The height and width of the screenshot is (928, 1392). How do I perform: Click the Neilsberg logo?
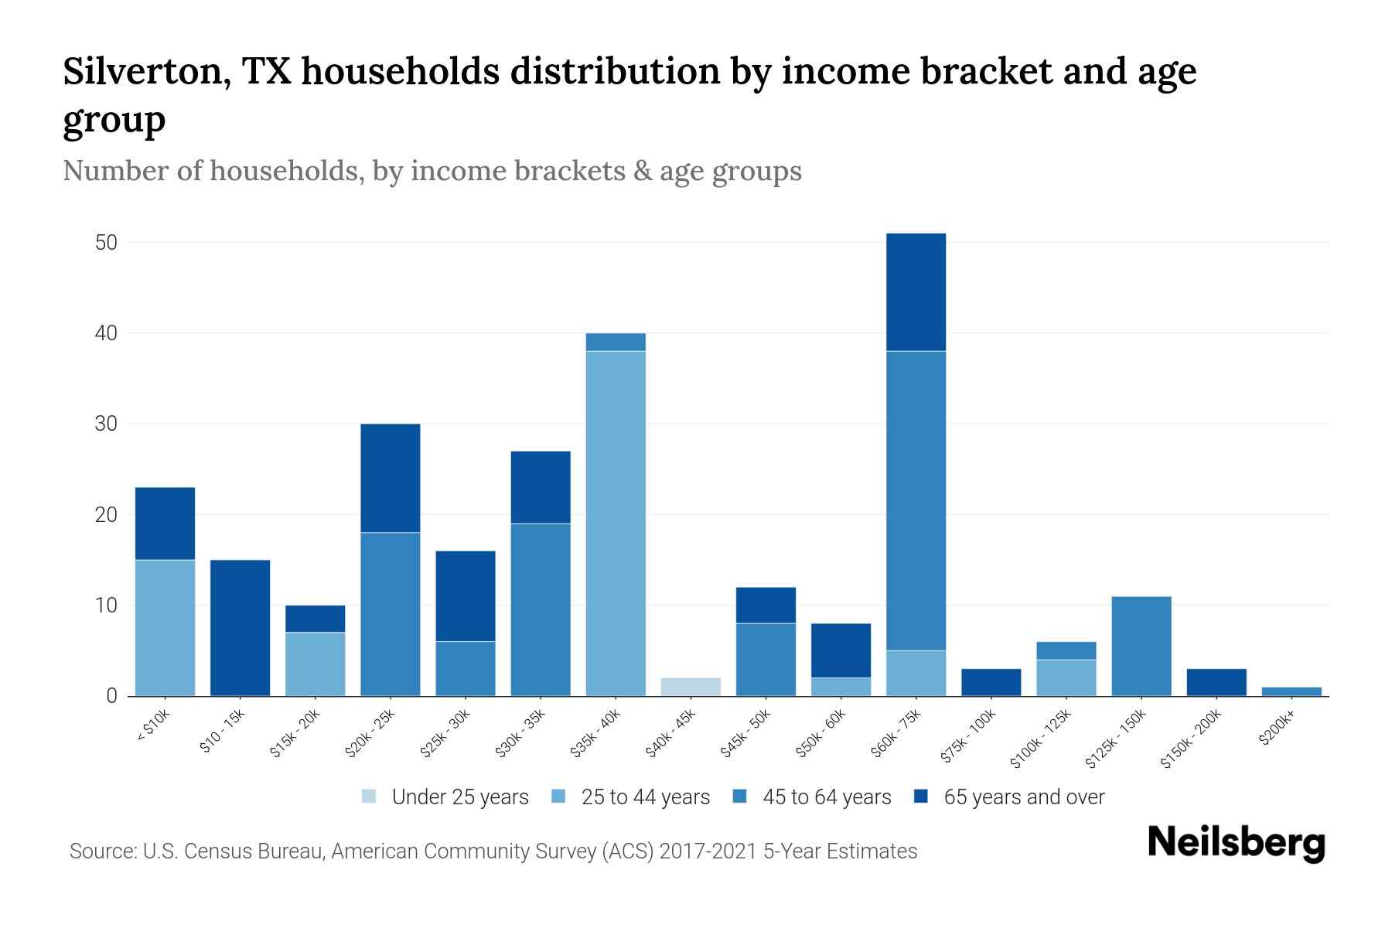1236,843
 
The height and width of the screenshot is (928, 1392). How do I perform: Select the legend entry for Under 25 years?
445,797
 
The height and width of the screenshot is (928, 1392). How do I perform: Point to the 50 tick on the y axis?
106,243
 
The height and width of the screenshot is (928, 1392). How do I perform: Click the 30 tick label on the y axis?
106,425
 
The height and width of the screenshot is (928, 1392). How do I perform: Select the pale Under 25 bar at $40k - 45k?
691,687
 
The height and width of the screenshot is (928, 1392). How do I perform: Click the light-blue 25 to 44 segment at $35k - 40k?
616,523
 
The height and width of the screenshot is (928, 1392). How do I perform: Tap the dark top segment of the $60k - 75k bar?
916,292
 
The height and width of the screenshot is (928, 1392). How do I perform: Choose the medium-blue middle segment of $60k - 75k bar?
916,500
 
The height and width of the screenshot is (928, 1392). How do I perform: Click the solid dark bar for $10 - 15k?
241,627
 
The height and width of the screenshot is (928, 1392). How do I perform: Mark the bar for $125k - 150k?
1141,646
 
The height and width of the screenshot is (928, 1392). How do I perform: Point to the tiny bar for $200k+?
1291,691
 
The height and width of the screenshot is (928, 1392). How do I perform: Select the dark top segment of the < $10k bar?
165,524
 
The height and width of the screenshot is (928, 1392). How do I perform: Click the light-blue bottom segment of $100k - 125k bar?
1066,677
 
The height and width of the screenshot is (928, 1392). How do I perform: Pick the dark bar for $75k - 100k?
991,682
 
